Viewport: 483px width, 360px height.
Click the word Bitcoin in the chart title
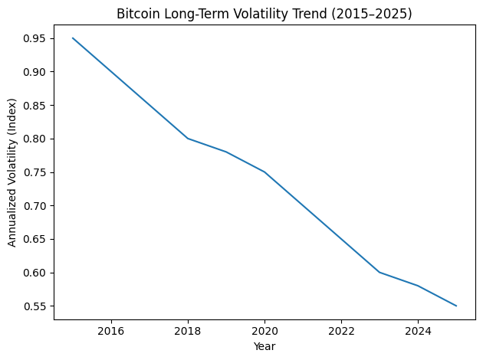click(x=136, y=13)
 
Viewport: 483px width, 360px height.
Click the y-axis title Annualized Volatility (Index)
click(x=12, y=172)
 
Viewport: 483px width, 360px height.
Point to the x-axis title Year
click(x=264, y=346)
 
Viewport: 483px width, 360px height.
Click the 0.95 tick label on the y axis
click(x=34, y=38)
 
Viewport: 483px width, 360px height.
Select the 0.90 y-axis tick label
click(x=34, y=72)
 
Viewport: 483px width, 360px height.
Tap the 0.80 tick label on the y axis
click(x=34, y=139)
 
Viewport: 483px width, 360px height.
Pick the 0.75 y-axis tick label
click(x=34, y=172)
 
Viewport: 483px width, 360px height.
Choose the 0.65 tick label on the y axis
click(x=34, y=239)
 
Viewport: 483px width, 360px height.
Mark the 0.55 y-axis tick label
click(x=34, y=306)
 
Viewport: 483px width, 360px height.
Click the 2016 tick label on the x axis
click(x=111, y=331)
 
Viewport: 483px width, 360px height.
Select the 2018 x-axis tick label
click(x=188, y=331)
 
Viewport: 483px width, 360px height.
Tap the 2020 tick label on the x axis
click(x=264, y=331)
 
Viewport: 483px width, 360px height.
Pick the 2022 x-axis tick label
click(x=341, y=331)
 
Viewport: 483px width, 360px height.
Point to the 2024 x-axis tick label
click(x=418, y=331)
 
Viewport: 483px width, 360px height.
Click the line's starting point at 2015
click(x=73, y=38)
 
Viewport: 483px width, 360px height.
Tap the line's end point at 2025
click(x=456, y=306)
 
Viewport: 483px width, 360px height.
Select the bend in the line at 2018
click(x=188, y=139)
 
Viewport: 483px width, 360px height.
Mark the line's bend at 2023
click(x=379, y=272)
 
